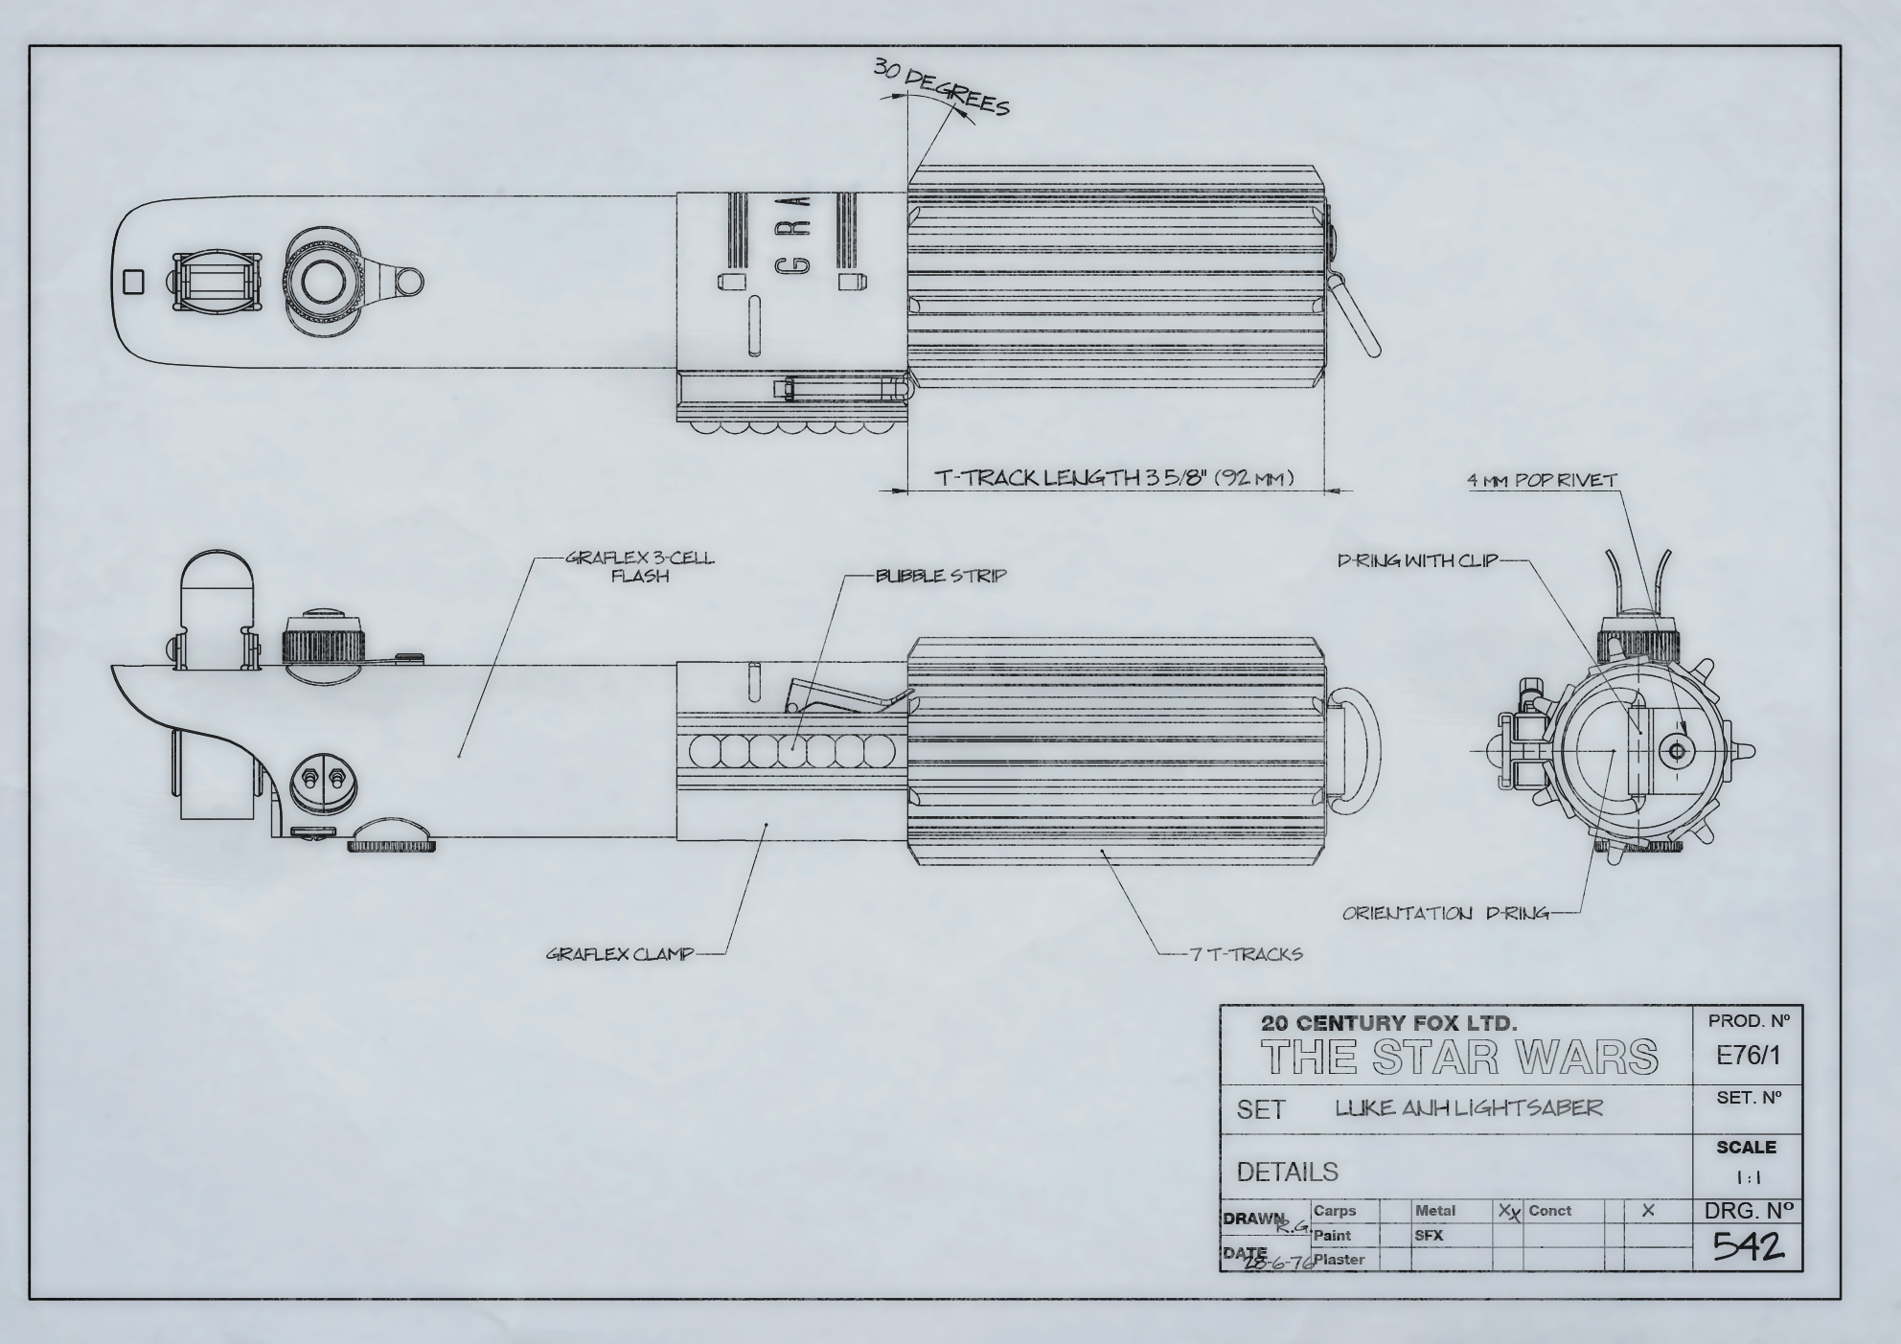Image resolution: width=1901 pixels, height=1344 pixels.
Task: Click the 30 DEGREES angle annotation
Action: pyautogui.click(x=941, y=87)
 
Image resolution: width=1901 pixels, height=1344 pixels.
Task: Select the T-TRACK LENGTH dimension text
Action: pyautogui.click(x=1114, y=477)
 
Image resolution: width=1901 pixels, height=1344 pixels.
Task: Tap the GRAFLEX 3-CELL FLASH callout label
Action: pyautogui.click(x=640, y=567)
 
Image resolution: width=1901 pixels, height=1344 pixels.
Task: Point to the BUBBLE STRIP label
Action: pyautogui.click(x=941, y=576)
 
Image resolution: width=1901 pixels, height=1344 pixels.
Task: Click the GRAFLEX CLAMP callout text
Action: pyautogui.click(x=620, y=954)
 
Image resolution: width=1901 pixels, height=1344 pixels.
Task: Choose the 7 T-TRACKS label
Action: pyautogui.click(x=1246, y=954)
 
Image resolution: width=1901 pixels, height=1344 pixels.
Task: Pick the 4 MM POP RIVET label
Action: pyautogui.click(x=1543, y=480)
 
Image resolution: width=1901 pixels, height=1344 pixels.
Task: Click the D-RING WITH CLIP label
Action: pyautogui.click(x=1417, y=560)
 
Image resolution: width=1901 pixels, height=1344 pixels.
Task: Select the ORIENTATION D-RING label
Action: pyautogui.click(x=1445, y=913)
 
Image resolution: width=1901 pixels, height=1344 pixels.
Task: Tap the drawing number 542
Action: pyautogui.click(x=1748, y=1245)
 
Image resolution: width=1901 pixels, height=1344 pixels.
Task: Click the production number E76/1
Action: pyautogui.click(x=1748, y=1056)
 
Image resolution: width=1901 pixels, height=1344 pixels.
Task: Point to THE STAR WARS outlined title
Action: pyautogui.click(x=1459, y=1057)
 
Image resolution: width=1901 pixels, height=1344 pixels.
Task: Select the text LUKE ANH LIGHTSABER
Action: pyautogui.click(x=1469, y=1108)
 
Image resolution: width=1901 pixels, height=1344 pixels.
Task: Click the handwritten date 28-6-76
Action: pyautogui.click(x=1278, y=1263)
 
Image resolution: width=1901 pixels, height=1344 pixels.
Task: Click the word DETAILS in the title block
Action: pyautogui.click(x=1287, y=1172)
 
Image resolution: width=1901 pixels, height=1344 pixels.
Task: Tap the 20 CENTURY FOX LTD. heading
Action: pyautogui.click(x=1388, y=1023)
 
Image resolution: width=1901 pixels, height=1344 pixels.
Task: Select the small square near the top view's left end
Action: pyautogui.click(x=134, y=282)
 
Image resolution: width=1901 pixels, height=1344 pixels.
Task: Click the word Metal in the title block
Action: pyautogui.click(x=1434, y=1211)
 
